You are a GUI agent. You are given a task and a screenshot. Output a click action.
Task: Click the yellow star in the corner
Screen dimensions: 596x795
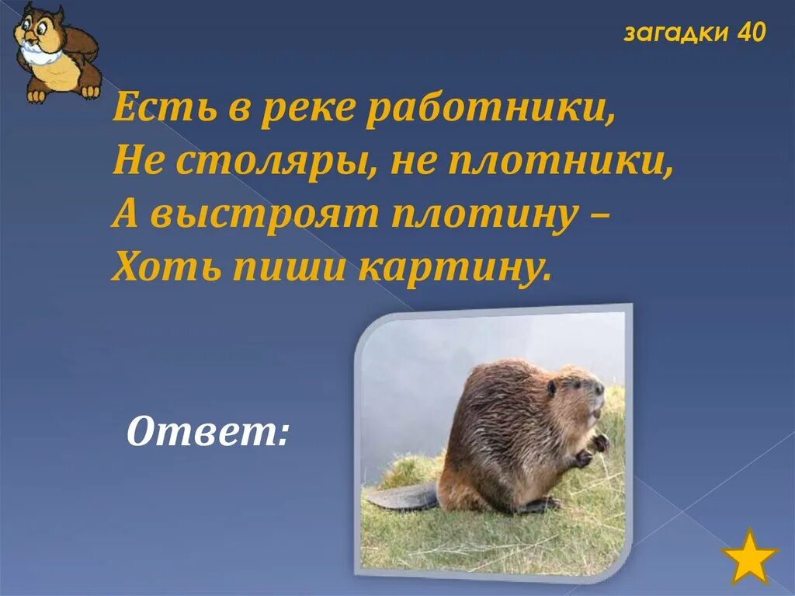tap(749, 556)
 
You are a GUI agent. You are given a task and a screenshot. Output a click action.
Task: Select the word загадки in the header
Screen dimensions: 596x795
tap(676, 33)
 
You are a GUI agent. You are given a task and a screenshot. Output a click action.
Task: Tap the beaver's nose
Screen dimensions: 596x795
tap(600, 386)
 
